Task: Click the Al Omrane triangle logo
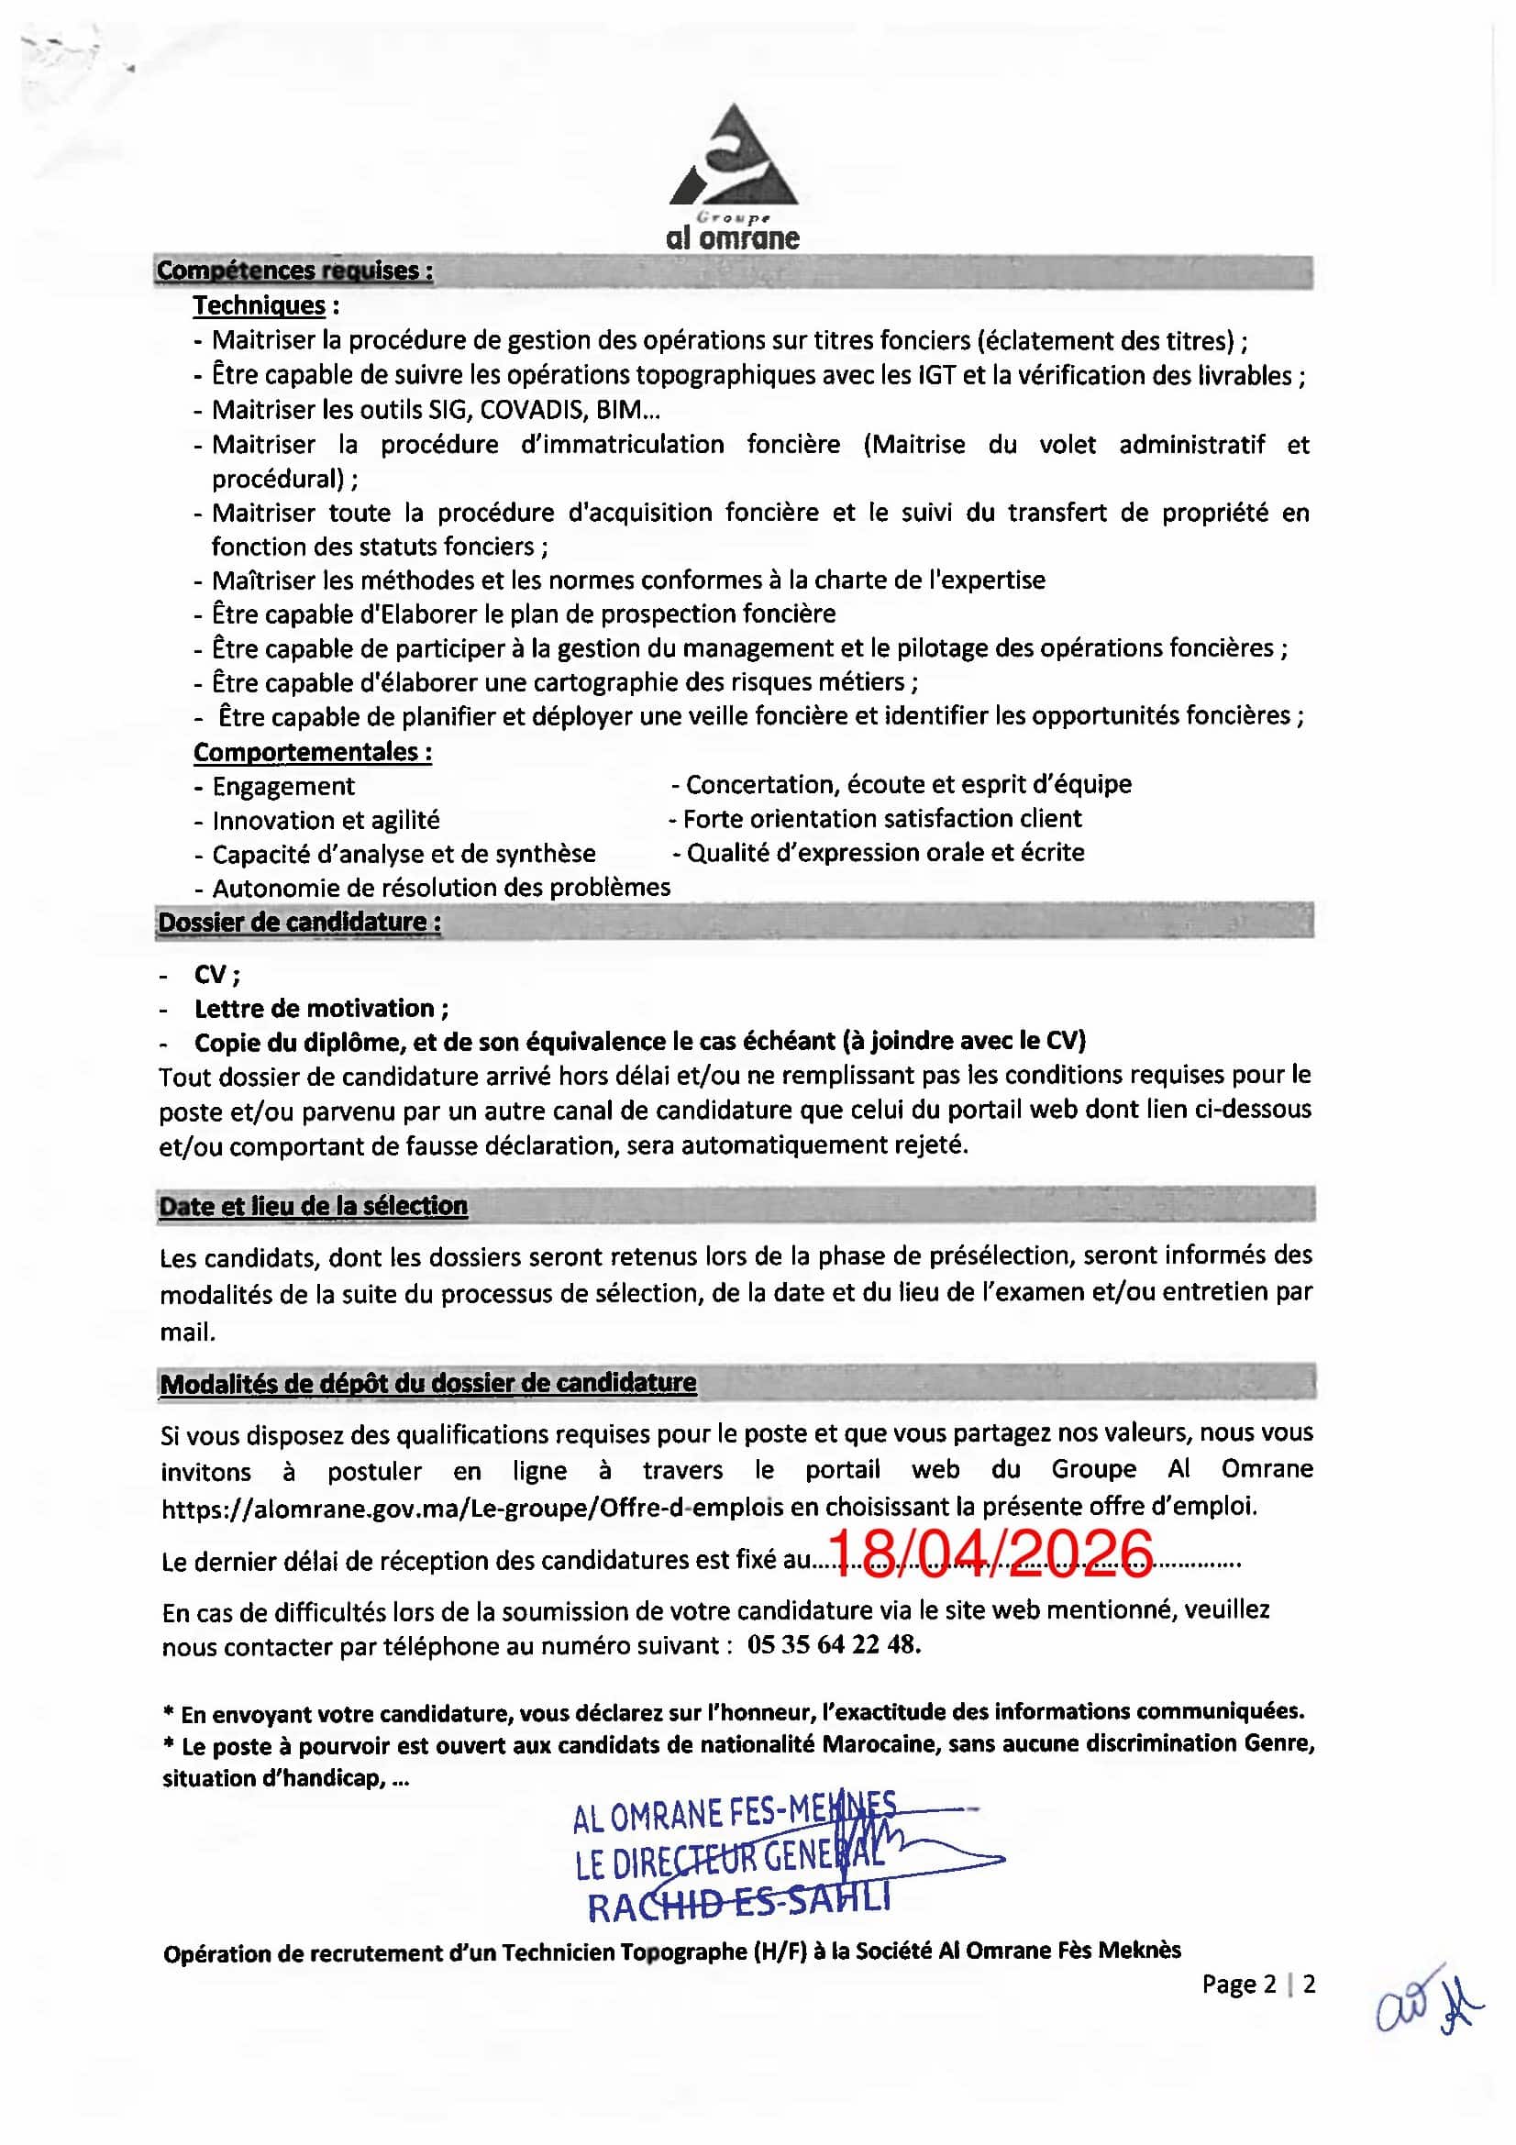pyautogui.click(x=734, y=158)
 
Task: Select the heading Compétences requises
pyautogui.click(x=294, y=271)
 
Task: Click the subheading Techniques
pyautogui.click(x=260, y=305)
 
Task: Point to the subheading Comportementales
pyautogui.click(x=312, y=752)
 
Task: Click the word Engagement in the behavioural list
pyautogui.click(x=283, y=787)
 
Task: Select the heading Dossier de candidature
pyautogui.click(x=299, y=922)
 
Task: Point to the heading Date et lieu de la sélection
pyautogui.click(x=313, y=1206)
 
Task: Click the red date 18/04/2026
pyautogui.click(x=991, y=1554)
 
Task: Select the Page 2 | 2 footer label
pyautogui.click(x=1258, y=1984)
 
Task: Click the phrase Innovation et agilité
pyautogui.click(x=326, y=820)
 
